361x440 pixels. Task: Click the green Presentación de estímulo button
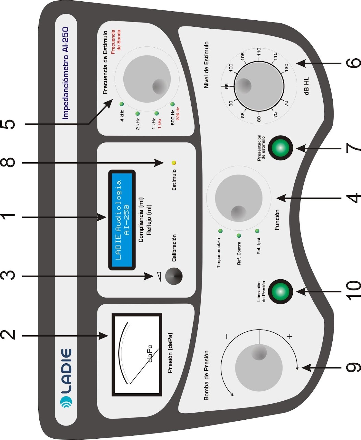[280, 148]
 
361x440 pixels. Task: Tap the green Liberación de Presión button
[280, 291]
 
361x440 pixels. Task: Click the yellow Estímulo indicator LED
[174, 163]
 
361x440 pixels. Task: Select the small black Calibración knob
[174, 276]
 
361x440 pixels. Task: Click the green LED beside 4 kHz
[122, 104]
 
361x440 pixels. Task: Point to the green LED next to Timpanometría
[220, 231]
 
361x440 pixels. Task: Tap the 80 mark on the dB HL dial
[259, 119]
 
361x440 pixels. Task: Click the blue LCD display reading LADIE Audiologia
[122, 220]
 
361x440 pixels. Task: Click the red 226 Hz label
[178, 113]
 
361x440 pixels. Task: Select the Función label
[277, 220]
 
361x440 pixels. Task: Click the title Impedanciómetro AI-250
[66, 73]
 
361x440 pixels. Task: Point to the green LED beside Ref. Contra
[239, 236]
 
